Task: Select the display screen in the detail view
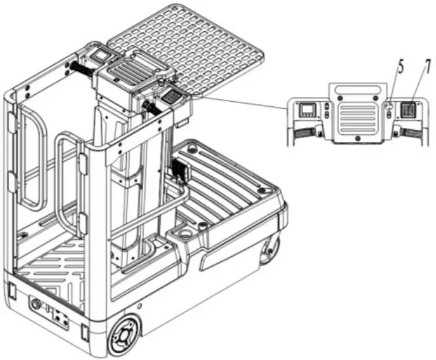tap(308, 109)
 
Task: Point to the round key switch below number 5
tap(388, 105)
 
